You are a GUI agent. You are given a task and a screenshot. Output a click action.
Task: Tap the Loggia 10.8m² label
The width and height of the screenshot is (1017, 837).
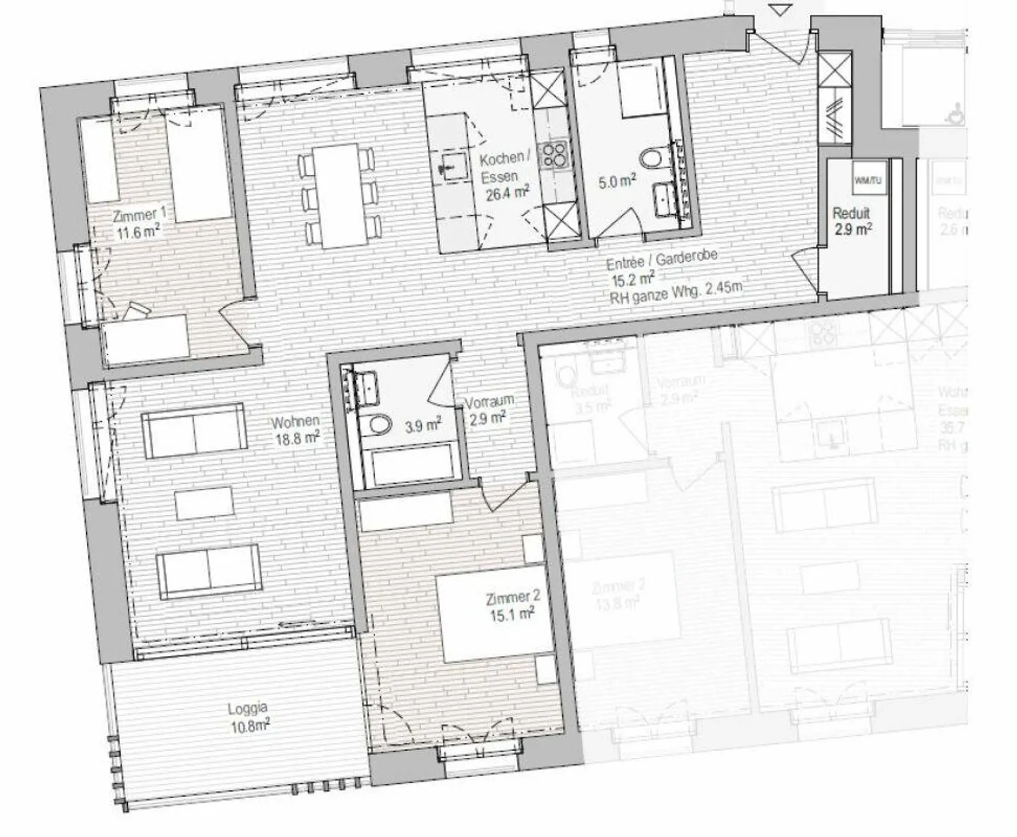248,716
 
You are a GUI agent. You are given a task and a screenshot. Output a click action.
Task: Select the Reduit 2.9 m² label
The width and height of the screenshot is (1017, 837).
851,220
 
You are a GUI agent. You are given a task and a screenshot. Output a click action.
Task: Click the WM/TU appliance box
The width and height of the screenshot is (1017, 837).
868,182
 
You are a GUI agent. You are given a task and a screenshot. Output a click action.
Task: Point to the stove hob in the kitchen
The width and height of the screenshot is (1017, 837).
552,155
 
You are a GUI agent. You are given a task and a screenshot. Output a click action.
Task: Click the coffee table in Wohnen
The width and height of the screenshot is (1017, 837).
205,503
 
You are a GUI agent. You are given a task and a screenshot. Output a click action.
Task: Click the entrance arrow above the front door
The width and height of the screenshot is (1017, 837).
779,10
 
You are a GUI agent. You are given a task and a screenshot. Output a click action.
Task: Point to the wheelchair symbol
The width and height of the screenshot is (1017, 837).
958,110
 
